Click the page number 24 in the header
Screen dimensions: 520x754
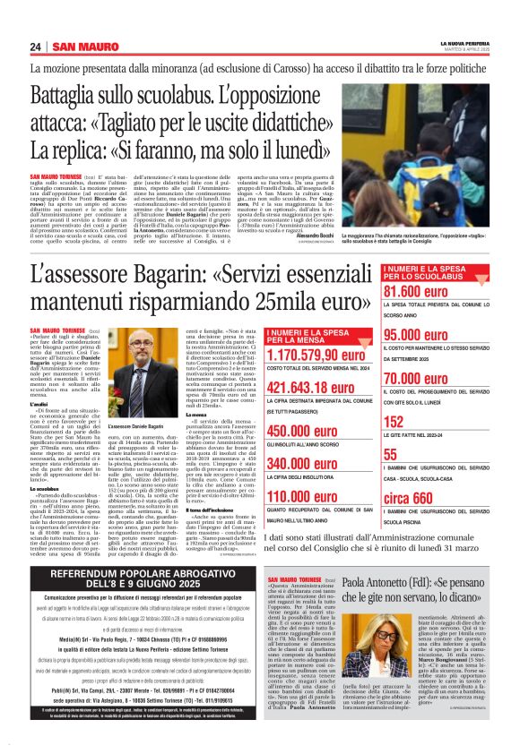coord(35,47)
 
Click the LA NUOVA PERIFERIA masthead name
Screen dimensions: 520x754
coord(464,42)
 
